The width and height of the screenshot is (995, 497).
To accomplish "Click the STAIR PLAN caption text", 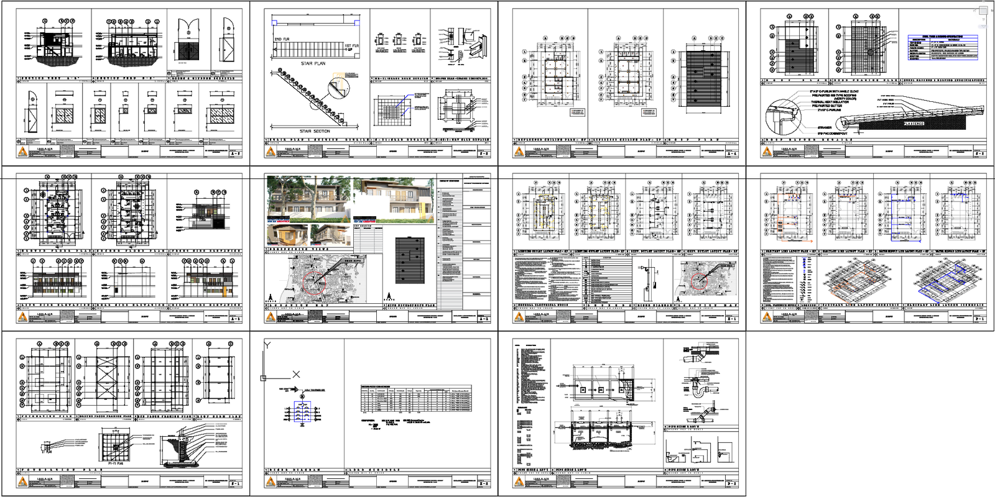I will tap(313, 63).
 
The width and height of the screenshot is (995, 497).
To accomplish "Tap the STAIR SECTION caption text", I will tap(315, 131).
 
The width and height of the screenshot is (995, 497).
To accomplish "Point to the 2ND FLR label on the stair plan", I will tap(282, 39).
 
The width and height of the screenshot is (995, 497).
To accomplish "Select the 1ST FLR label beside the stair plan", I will tap(351, 46).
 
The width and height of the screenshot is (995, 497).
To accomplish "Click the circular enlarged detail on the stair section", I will tap(336, 88).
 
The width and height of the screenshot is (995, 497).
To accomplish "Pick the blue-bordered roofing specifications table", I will tap(943, 48).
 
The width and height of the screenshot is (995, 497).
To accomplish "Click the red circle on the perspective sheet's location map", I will tap(314, 281).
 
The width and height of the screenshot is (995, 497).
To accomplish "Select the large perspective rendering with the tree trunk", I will tap(308, 199).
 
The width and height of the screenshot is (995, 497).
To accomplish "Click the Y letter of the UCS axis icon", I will tap(267, 345).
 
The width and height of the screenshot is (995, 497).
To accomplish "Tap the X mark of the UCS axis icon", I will tap(296, 374).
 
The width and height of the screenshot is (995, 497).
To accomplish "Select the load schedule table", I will tap(415, 398).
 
